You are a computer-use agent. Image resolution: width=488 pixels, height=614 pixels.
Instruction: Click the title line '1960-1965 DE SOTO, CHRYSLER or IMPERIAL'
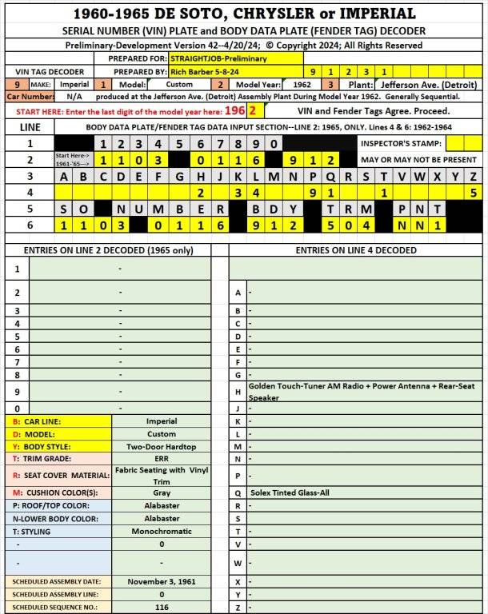(x=244, y=14)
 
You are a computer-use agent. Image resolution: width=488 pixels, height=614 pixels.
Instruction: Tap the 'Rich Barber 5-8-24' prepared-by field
(x=204, y=71)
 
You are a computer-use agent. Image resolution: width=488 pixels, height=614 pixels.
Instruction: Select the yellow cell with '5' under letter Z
(x=474, y=193)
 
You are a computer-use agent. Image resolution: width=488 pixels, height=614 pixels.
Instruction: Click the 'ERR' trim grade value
(x=162, y=459)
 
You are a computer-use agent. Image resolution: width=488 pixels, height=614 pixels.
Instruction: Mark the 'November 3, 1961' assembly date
(x=162, y=582)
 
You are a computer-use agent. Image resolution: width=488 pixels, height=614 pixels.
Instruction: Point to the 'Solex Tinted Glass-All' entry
(x=290, y=492)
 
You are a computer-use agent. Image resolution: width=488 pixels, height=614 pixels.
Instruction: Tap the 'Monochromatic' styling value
(x=162, y=531)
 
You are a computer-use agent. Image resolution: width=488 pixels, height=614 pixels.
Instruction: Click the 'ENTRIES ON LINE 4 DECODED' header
(x=355, y=250)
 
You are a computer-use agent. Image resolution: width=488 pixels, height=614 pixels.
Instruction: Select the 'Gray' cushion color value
(x=162, y=492)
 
